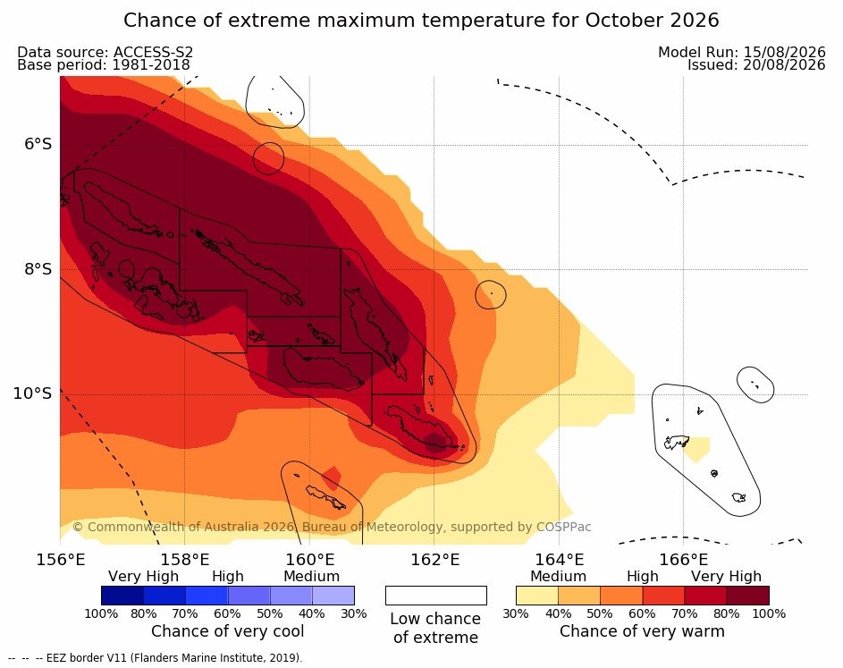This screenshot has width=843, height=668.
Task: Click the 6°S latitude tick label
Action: point(38,144)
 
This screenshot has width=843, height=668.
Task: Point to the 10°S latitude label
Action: point(33,393)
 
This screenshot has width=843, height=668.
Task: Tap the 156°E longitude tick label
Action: point(60,560)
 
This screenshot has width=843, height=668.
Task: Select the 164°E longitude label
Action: point(559,560)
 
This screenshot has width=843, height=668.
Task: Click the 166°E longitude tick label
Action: point(683,560)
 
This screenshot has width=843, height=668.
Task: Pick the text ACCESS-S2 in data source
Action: point(153,52)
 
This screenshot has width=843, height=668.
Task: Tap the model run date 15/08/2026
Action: point(784,52)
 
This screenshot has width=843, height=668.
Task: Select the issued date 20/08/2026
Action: point(784,65)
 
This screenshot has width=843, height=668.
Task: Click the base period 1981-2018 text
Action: point(151,65)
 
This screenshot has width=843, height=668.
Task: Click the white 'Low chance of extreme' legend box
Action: point(436,596)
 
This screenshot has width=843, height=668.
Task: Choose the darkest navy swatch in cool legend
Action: point(122,596)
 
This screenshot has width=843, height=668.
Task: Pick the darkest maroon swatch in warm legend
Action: point(748,596)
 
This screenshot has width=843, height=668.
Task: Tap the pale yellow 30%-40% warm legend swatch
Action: point(537,596)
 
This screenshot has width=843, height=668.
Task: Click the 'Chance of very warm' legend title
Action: point(642,631)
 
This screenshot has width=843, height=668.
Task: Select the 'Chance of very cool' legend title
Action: point(227,631)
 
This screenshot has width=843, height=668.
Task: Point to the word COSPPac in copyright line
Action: point(563,527)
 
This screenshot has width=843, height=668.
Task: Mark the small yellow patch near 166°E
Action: point(697,449)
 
